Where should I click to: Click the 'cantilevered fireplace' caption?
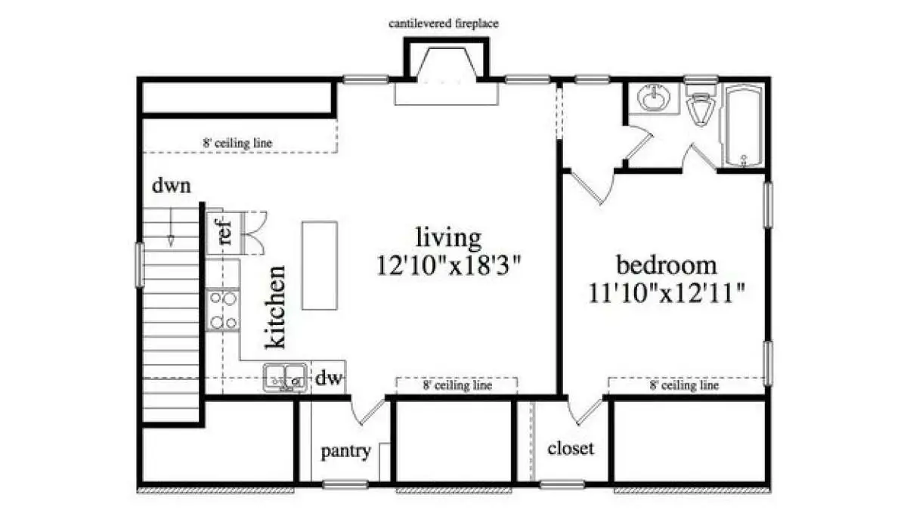(444, 24)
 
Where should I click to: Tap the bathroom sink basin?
(653, 97)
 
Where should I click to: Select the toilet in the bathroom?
(701, 104)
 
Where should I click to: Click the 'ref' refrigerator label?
(224, 233)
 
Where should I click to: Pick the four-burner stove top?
(222, 310)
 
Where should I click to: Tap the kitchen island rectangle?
(320, 265)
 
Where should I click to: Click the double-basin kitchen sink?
(285, 378)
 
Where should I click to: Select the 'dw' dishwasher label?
(329, 378)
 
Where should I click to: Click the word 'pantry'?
(346, 451)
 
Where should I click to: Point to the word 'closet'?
(571, 448)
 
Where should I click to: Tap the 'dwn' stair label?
(172, 185)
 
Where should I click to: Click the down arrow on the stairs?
(171, 227)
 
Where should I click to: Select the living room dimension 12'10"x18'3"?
(449, 265)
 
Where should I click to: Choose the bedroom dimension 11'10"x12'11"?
(666, 293)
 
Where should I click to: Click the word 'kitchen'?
(275, 307)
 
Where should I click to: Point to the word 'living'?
(449, 238)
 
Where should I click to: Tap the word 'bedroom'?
(667, 264)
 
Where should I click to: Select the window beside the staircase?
(139, 264)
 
